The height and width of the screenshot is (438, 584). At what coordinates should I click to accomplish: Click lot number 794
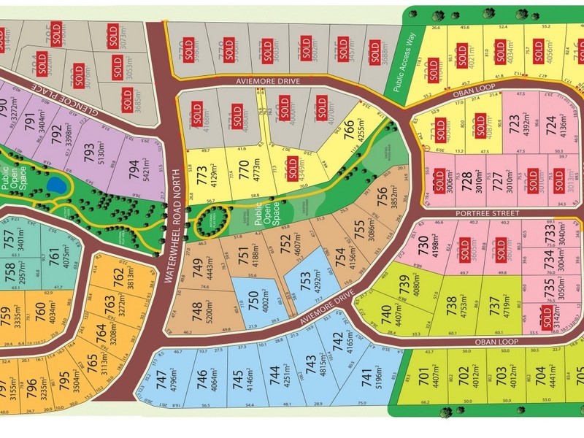[x=132, y=169]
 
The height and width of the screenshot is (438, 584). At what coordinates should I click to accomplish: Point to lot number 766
[x=349, y=128]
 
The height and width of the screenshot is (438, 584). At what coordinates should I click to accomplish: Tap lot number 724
[x=552, y=121]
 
